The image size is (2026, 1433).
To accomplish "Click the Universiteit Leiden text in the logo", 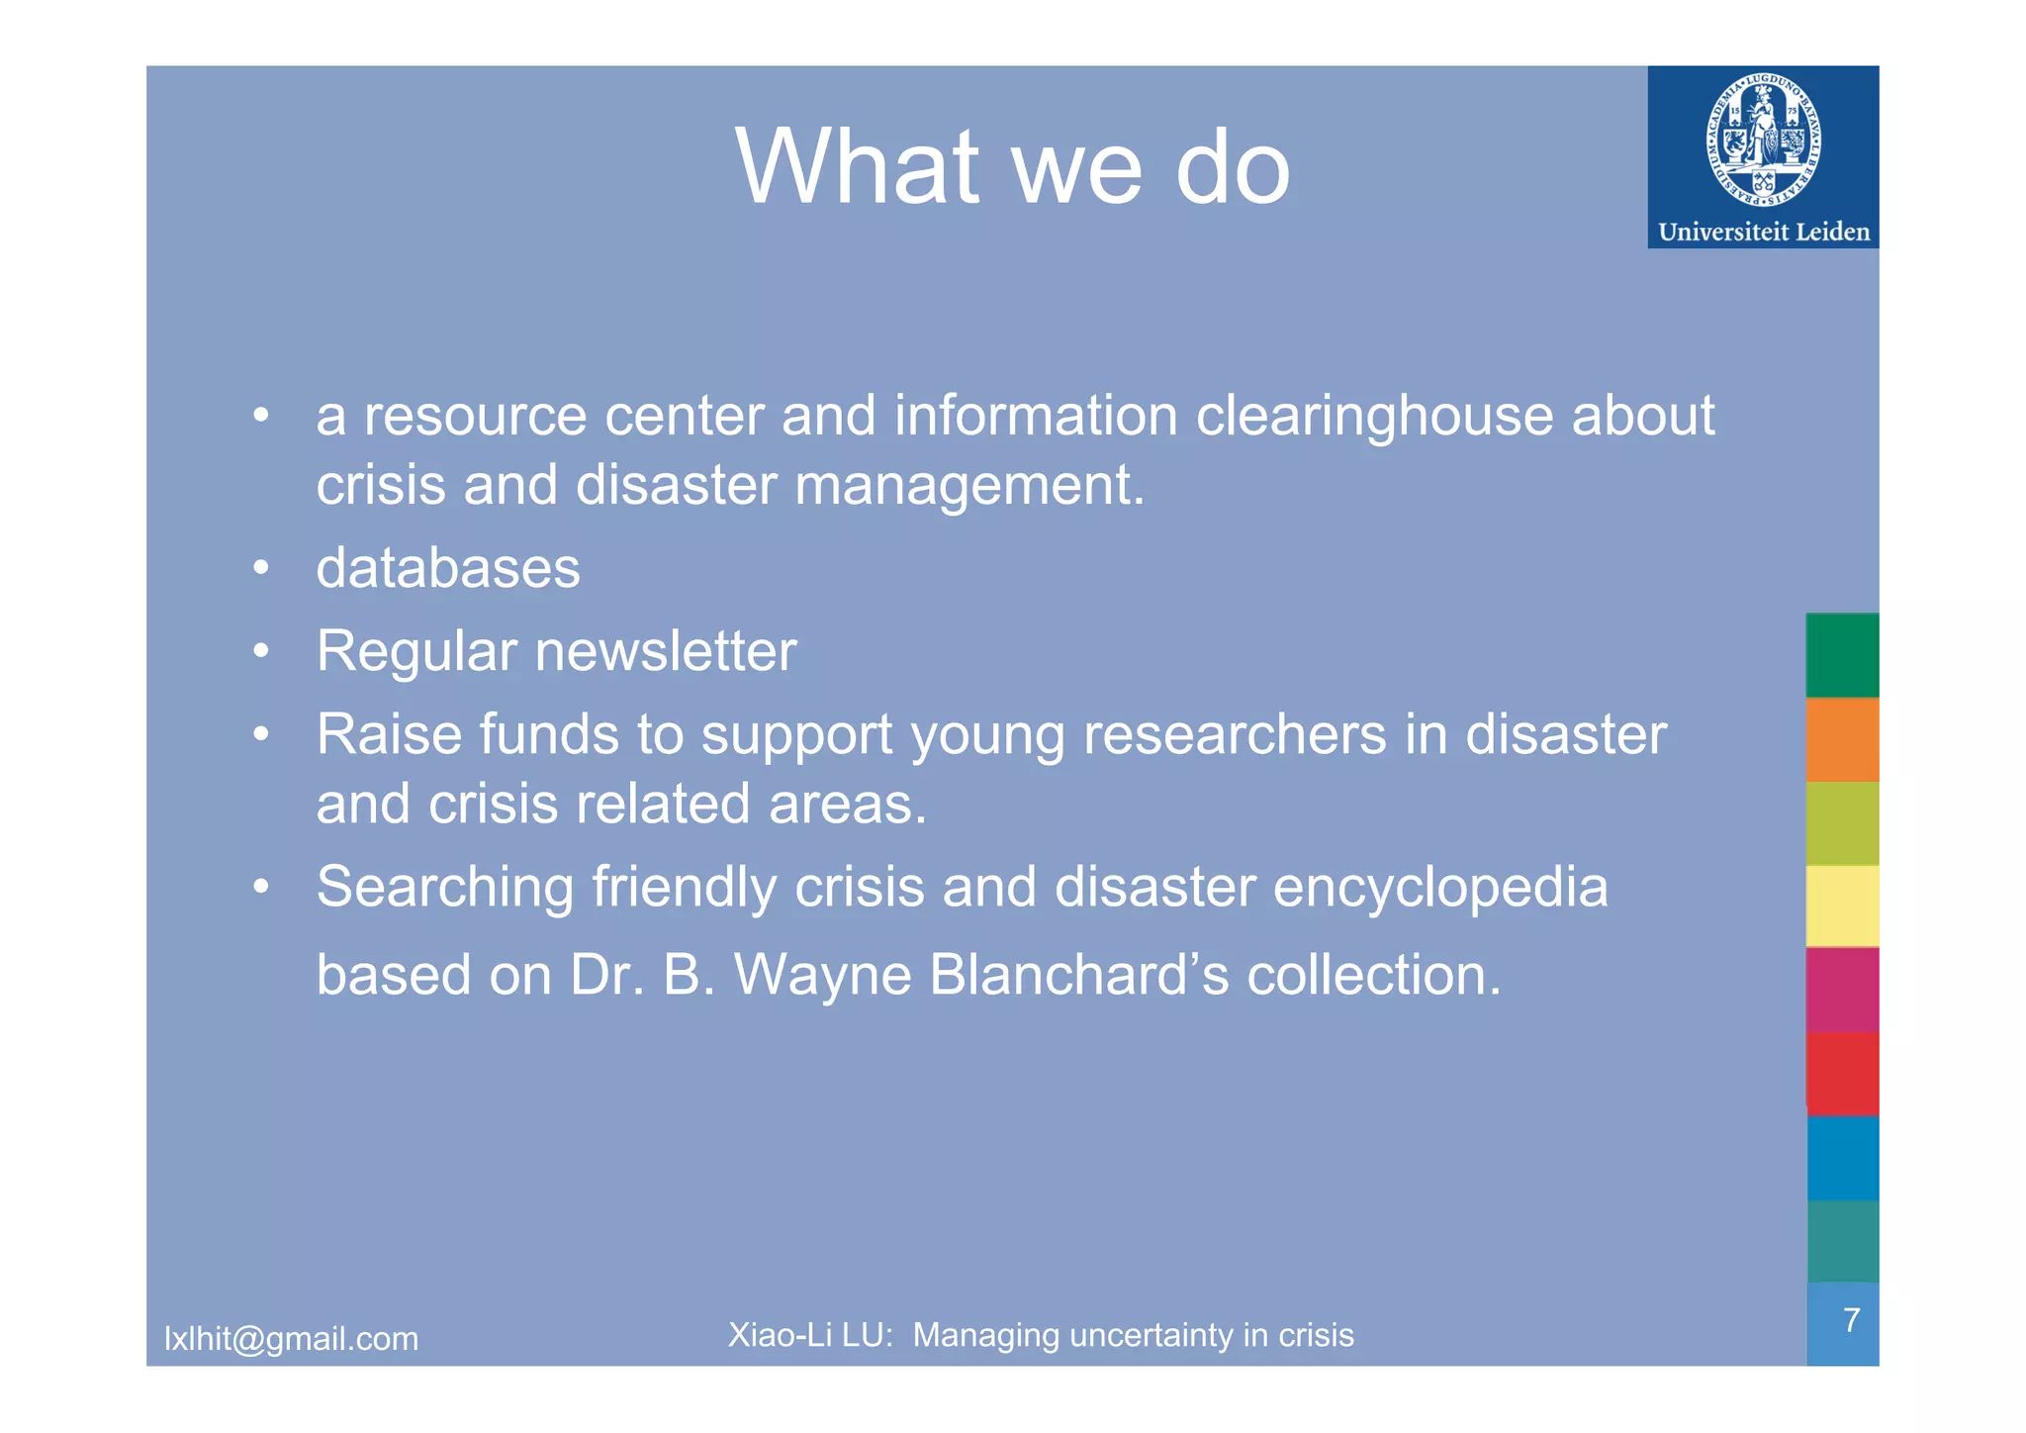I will coord(1764,233).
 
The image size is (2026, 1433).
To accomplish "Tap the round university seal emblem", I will coord(1763,139).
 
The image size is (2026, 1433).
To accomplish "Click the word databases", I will coord(448,568).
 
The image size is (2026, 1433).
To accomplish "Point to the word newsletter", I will coord(665,651).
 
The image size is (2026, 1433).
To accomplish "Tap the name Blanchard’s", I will coord(1078,975).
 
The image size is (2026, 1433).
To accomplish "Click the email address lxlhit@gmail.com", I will coord(291,1339).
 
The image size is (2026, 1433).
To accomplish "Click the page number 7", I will coord(1851,1320).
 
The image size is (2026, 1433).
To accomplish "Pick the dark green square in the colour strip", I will coord(1842,655).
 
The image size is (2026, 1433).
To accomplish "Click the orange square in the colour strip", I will coord(1842,739).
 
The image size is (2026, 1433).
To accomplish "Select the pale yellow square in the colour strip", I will coord(1842,907).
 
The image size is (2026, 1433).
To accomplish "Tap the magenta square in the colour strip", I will coord(1842,991).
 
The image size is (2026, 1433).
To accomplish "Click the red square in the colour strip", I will coord(1842,1075).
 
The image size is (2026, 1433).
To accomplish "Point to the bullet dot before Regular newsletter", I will coord(260,651).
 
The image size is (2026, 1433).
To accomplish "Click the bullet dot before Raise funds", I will coord(260,734).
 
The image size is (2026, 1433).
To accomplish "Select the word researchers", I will coord(1235,735).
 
